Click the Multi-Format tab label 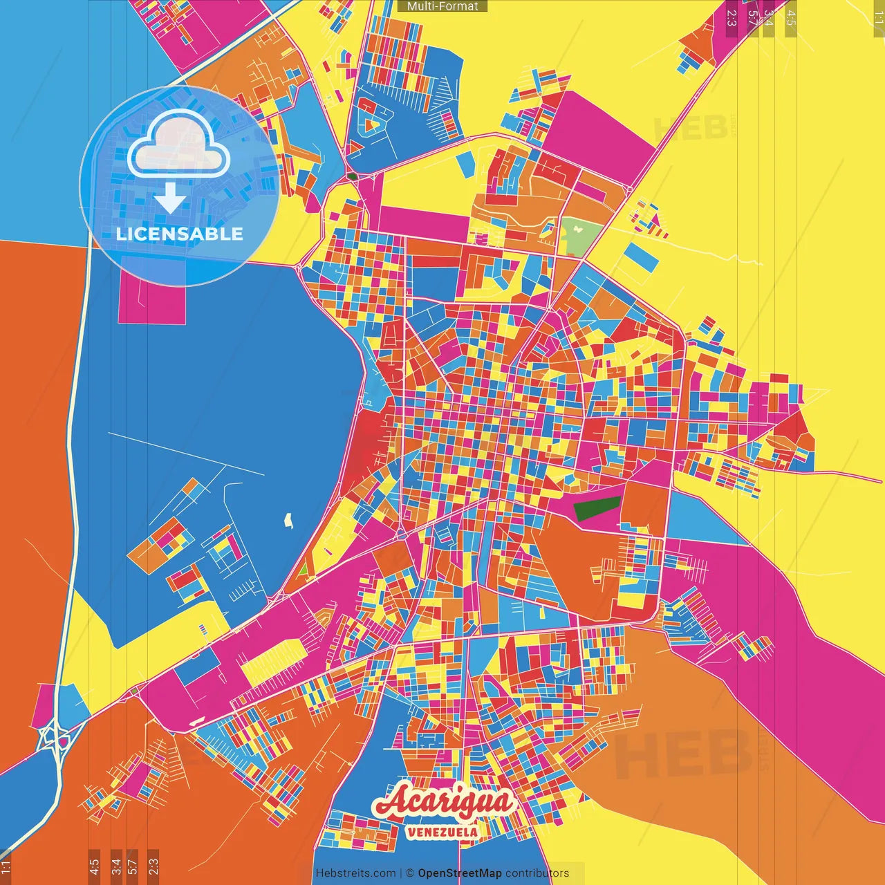[x=442, y=6]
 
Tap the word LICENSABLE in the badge [x=179, y=234]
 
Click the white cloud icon [x=179, y=146]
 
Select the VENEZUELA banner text [x=442, y=832]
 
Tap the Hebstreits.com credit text [x=355, y=873]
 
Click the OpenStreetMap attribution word [x=459, y=873]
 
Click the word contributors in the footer [x=537, y=873]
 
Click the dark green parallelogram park [x=597, y=509]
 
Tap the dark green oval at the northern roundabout [x=353, y=176]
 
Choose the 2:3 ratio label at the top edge [x=732, y=17]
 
